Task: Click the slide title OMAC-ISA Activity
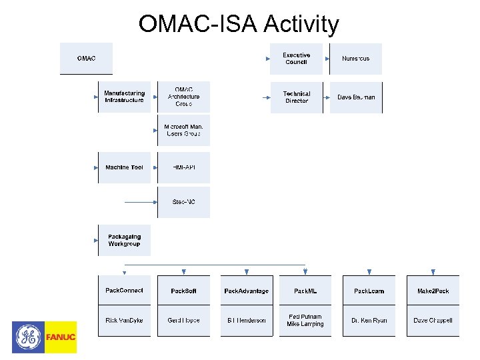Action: pos(239,25)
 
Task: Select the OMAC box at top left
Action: pos(86,59)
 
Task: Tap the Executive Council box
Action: pos(296,59)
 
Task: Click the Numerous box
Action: pos(356,59)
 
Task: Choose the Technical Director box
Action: pos(297,97)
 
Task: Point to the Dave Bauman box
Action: pos(356,97)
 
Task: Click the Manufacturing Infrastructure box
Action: pos(124,97)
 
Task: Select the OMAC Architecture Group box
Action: pos(183,97)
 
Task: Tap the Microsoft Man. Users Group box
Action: pos(183,130)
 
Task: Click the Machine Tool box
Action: pos(124,167)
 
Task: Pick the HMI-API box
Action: pos(183,167)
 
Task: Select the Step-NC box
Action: pos(183,202)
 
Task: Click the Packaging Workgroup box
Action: pos(124,240)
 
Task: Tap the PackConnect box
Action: pos(124,291)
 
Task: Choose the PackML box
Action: pos(305,291)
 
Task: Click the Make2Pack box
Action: pos(433,291)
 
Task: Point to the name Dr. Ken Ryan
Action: pos(369,321)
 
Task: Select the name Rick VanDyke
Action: pos(124,321)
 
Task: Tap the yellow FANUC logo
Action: pos(61,337)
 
